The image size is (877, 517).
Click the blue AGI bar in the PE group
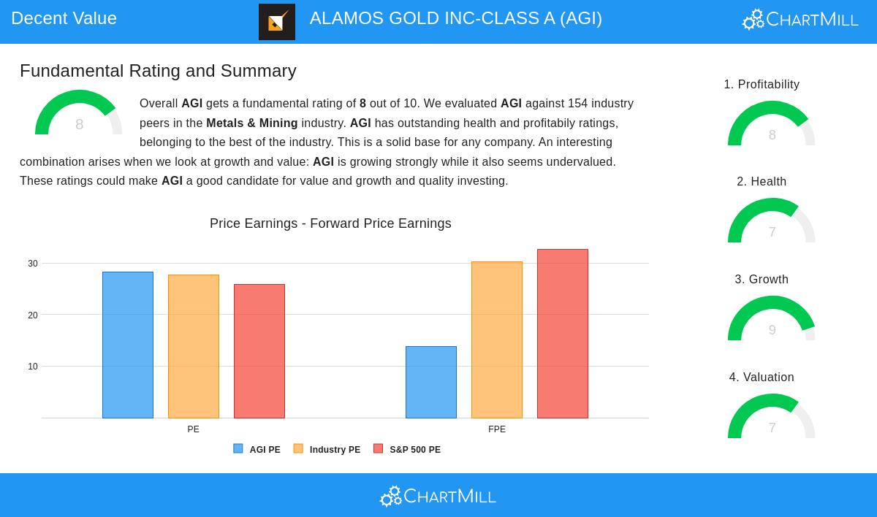[x=128, y=345]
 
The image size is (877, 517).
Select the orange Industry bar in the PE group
[x=194, y=346]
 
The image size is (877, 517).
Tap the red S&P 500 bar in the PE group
[x=259, y=351]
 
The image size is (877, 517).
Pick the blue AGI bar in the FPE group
[x=431, y=382]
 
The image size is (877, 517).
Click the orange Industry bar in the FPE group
[x=497, y=340]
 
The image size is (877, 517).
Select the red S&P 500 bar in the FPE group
[x=563, y=334]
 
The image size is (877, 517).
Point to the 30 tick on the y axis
[x=33, y=264]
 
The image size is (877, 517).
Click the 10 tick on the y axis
[x=33, y=367]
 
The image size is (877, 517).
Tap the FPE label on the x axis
[x=497, y=429]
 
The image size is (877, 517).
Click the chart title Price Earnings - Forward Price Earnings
[x=330, y=223]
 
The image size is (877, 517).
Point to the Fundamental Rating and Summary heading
[x=158, y=71]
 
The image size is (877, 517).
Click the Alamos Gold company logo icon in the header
[x=277, y=22]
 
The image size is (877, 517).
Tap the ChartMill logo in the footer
[x=438, y=497]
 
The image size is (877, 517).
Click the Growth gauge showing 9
[x=772, y=320]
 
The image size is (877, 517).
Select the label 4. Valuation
[x=762, y=378]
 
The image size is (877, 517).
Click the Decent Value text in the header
[x=64, y=18]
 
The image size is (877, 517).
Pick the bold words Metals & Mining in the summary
[x=252, y=123]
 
